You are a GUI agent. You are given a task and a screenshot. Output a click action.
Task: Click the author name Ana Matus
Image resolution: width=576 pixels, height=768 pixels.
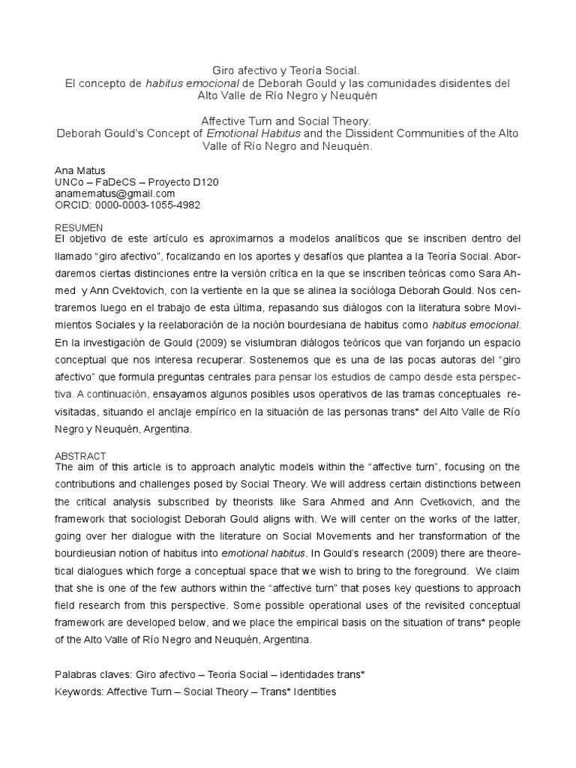click(79, 170)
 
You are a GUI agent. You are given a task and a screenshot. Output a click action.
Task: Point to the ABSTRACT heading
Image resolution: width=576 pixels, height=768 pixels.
click(80, 455)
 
